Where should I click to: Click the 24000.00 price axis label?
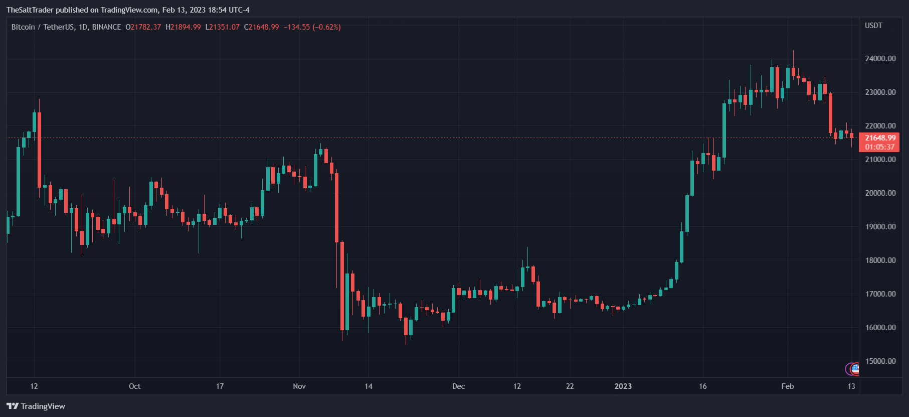pyautogui.click(x=880, y=59)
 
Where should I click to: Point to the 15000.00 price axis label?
pyautogui.click(x=880, y=361)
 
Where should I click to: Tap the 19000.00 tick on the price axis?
pyautogui.click(x=880, y=227)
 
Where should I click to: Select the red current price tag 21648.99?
pyautogui.click(x=880, y=138)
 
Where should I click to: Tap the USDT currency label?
pyautogui.click(x=873, y=26)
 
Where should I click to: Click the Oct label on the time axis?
pyautogui.click(x=134, y=386)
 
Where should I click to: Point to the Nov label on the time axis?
pyautogui.click(x=299, y=386)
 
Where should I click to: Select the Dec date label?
pyautogui.click(x=458, y=386)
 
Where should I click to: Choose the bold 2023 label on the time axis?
pyautogui.click(x=623, y=386)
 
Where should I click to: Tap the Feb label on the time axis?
pyautogui.click(x=787, y=386)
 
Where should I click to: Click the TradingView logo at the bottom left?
pyautogui.click(x=36, y=406)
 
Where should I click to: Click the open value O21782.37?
pyautogui.click(x=143, y=27)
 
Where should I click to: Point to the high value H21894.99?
pyautogui.click(x=183, y=27)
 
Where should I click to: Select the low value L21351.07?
pyautogui.click(x=222, y=27)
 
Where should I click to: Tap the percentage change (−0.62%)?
pyautogui.click(x=326, y=27)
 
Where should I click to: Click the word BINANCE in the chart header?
pyautogui.click(x=106, y=27)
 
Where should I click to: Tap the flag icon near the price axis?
pyautogui.click(x=855, y=369)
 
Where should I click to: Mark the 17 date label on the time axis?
pyautogui.click(x=220, y=386)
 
